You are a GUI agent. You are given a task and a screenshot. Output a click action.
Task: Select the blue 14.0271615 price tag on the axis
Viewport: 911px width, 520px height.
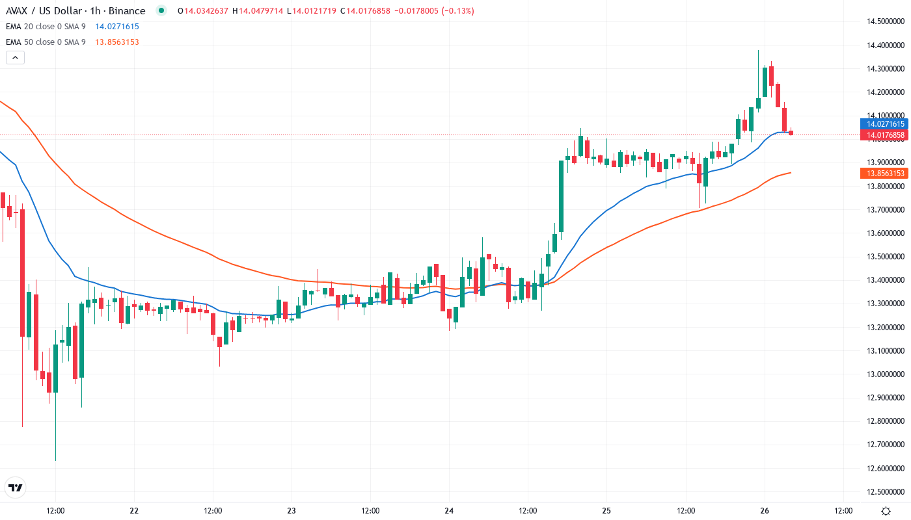coord(883,123)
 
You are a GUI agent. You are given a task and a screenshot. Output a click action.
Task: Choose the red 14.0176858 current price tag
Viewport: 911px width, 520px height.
coord(883,135)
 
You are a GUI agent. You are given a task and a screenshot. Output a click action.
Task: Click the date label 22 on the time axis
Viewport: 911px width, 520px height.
coord(134,511)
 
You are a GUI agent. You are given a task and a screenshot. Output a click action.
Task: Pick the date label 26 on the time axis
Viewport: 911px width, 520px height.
coord(765,511)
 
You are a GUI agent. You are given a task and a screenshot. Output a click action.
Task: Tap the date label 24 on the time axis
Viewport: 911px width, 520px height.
coord(449,511)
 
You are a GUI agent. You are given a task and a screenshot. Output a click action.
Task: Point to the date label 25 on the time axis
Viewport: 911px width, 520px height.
coord(606,511)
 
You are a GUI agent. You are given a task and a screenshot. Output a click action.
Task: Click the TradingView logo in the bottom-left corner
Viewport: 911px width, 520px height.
coord(16,487)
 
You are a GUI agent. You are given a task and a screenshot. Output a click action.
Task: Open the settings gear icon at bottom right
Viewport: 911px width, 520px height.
coord(886,511)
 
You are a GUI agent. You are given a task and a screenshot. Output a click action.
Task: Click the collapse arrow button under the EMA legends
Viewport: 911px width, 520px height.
coord(15,58)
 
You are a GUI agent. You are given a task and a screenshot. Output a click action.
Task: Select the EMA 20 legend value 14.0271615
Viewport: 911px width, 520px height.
coord(117,27)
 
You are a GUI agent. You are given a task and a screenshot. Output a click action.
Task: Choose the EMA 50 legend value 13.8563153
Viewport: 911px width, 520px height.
coord(117,42)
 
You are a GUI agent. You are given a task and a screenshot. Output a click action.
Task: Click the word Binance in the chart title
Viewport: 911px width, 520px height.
coord(127,11)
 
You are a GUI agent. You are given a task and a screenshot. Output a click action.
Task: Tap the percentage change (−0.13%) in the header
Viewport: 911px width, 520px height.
coord(456,11)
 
